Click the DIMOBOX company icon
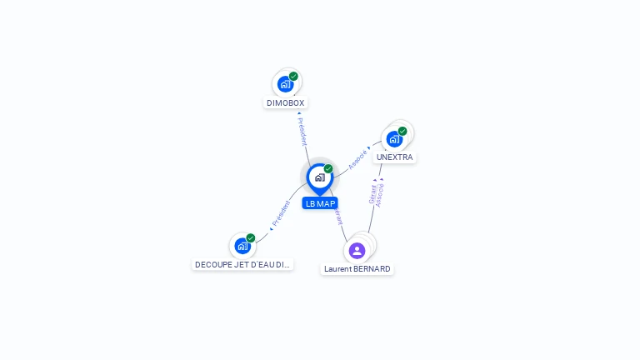[x=286, y=84]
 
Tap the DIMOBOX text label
[x=286, y=103]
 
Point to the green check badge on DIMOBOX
[x=293, y=77]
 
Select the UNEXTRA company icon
[x=394, y=138]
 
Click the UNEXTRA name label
[x=394, y=157]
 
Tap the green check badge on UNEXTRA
[x=402, y=131]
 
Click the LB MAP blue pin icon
[x=319, y=177]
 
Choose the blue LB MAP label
[x=320, y=203]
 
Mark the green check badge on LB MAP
[x=328, y=168]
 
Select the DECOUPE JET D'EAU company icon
[x=242, y=246]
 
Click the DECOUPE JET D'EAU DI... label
[x=242, y=265]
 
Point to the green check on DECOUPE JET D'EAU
[x=251, y=238]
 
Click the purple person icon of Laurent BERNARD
[x=357, y=251]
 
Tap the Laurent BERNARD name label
[x=357, y=269]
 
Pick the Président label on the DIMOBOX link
[x=302, y=131]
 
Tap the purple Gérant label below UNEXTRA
[x=372, y=194]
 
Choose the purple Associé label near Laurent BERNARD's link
[x=380, y=194]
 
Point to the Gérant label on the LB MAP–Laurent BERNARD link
[x=337, y=216]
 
